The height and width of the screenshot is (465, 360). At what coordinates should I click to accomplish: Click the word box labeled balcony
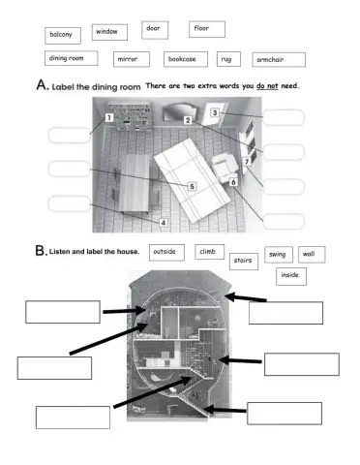62,35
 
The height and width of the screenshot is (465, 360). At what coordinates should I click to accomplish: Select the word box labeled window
109,32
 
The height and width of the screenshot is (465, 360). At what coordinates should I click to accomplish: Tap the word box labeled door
156,28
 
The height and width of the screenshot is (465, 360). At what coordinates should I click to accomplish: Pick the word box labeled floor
206,29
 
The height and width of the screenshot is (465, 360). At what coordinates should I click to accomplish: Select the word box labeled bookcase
185,59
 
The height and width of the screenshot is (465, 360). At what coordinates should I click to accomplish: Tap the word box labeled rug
229,59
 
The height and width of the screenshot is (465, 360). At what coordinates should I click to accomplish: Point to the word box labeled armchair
279,59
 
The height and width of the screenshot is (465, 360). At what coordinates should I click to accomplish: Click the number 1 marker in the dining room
109,118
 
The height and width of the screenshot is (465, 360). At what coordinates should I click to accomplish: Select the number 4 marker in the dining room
163,222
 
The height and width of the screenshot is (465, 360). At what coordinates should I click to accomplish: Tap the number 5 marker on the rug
192,186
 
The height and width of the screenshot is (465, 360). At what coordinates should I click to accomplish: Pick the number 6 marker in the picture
233,182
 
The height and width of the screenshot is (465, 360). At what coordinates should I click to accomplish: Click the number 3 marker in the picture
215,113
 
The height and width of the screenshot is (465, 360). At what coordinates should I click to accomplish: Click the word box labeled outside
166,252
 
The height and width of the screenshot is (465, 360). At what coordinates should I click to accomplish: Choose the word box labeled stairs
244,260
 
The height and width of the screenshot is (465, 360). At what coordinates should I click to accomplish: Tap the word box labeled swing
279,254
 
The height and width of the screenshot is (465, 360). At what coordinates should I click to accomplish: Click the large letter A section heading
42,86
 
